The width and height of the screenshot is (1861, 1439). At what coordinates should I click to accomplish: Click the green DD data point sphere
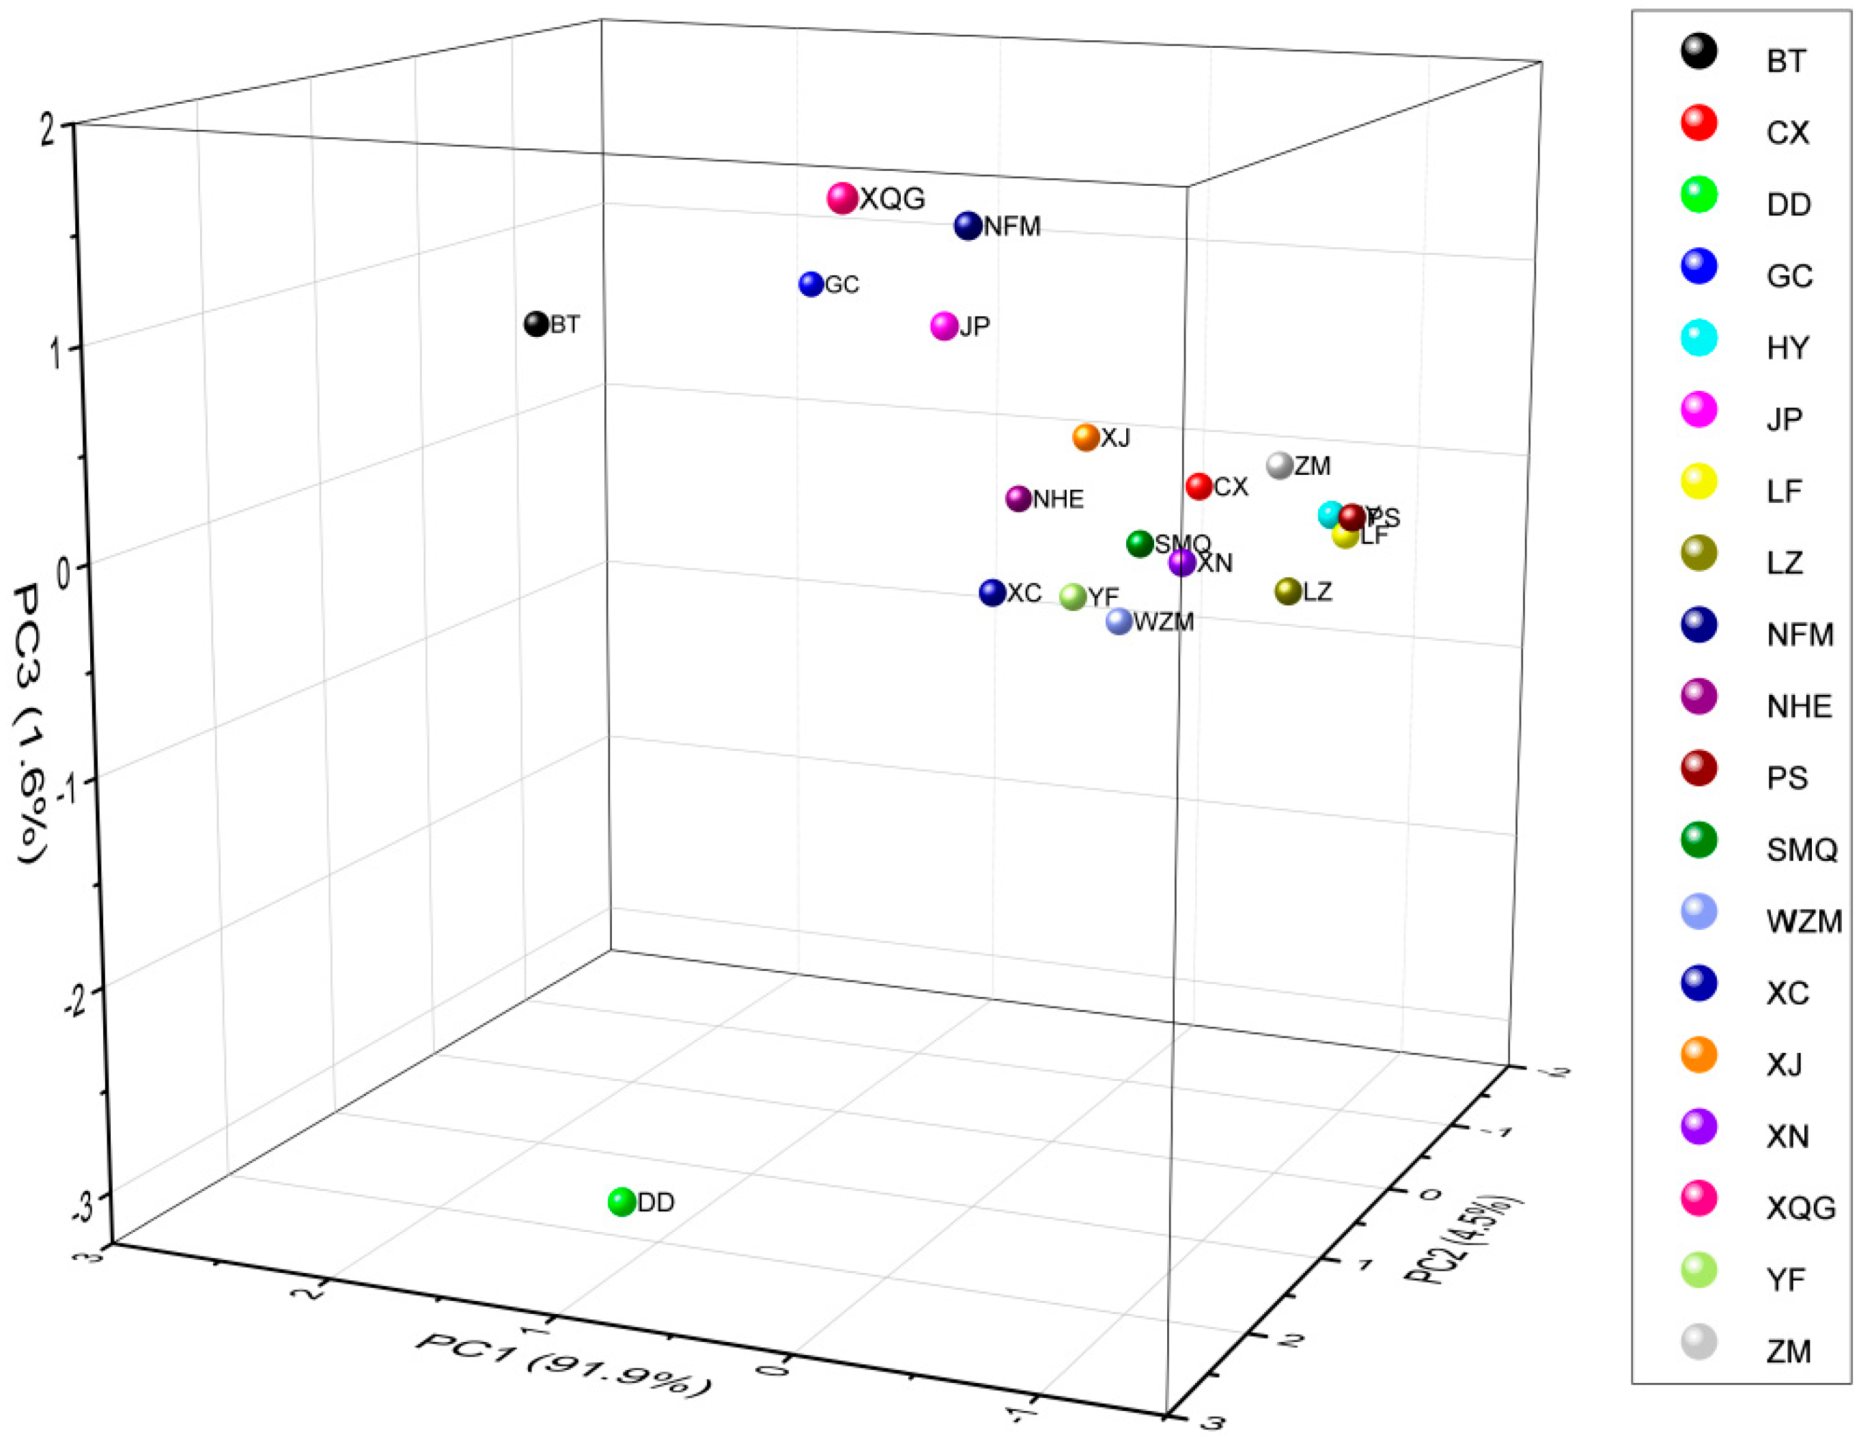[622, 1202]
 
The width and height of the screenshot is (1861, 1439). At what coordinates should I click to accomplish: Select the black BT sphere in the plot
[536, 324]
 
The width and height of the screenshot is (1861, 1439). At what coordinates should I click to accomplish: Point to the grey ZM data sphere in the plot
[1280, 465]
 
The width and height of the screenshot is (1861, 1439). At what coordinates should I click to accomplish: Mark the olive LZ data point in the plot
[1287, 591]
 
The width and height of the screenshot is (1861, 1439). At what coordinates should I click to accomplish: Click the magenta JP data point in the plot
[944, 327]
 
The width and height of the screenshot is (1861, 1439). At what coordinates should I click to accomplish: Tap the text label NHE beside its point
[1059, 499]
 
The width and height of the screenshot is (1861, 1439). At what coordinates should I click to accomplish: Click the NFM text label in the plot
[1012, 227]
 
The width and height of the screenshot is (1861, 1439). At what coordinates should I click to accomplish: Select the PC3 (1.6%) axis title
[32, 723]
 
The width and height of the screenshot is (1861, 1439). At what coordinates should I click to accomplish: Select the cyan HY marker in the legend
[1698, 338]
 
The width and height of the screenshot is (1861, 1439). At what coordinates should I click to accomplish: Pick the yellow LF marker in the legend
[1698, 482]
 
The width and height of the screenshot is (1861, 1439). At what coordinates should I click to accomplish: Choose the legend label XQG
[1800, 1208]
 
